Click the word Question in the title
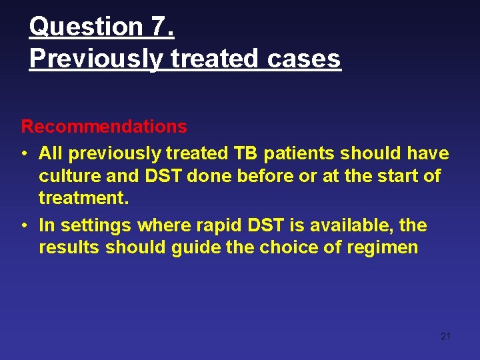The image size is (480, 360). (x=85, y=27)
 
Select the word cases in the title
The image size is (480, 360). (x=304, y=59)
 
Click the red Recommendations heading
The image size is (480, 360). (x=104, y=126)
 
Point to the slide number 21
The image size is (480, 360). (x=446, y=336)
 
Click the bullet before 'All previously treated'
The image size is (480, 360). (x=23, y=154)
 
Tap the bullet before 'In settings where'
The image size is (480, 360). (x=23, y=226)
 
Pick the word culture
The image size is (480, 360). (x=67, y=176)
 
